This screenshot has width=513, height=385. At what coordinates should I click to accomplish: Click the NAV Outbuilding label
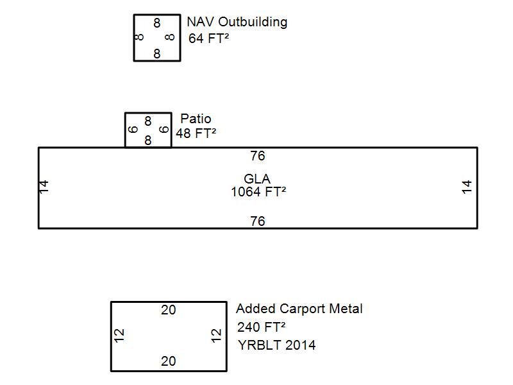tap(237, 22)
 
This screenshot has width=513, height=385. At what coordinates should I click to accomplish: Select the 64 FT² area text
tap(209, 38)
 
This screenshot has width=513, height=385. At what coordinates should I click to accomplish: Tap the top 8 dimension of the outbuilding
tap(157, 23)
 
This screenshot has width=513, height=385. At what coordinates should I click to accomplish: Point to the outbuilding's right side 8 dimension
tap(169, 37)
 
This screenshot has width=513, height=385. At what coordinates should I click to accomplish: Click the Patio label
tap(196, 119)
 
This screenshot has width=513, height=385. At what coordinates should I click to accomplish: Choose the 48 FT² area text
tap(196, 133)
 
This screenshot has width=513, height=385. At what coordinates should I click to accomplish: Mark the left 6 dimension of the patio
tap(133, 129)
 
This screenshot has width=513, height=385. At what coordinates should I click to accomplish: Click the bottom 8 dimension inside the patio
tap(148, 140)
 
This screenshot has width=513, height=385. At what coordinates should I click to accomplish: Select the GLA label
tap(257, 179)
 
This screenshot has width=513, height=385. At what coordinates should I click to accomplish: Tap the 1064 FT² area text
tap(258, 191)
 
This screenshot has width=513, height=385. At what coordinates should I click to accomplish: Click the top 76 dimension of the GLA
tap(257, 156)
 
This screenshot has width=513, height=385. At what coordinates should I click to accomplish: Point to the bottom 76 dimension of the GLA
tap(257, 221)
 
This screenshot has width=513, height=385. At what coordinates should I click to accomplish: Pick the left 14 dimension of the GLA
tap(44, 187)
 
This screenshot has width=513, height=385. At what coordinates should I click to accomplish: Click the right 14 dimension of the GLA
tap(467, 187)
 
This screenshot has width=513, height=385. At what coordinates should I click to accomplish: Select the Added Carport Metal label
tap(299, 309)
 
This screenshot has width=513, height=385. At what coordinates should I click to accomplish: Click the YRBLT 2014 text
tap(276, 345)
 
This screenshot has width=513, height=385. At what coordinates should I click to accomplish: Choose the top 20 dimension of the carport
tap(168, 310)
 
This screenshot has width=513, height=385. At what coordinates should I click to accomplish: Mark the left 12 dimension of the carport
tap(119, 335)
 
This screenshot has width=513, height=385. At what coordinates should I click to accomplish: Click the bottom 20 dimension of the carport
tap(168, 361)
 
